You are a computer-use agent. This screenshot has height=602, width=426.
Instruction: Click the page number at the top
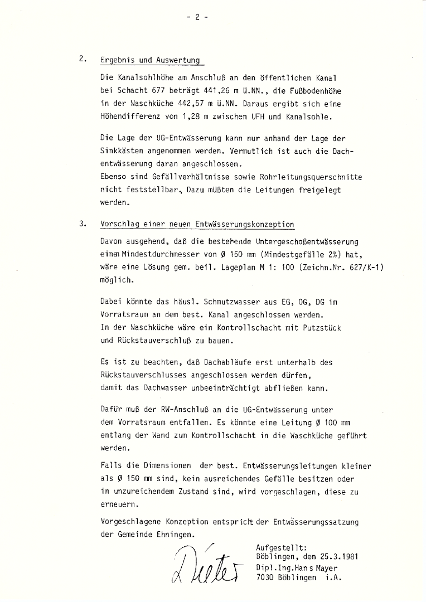pyautogui.click(x=197, y=17)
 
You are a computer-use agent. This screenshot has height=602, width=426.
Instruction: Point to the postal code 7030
pyautogui.click(x=265, y=578)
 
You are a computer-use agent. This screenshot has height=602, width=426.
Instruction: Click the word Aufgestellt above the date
pyautogui.click(x=280, y=547)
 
